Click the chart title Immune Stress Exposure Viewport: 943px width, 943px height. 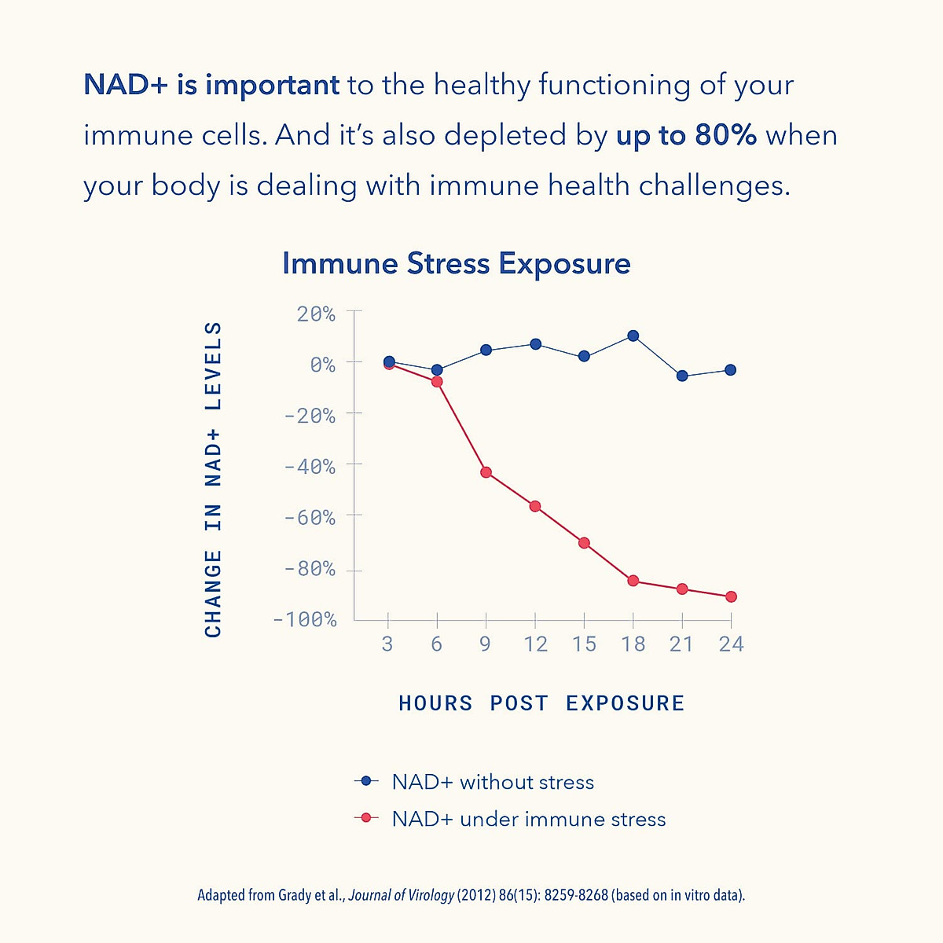[x=456, y=264]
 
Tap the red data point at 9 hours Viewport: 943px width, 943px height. [x=486, y=472]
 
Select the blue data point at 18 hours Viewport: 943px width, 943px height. [x=633, y=336]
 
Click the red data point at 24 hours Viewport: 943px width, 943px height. [x=731, y=596]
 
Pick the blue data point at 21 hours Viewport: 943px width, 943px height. [x=682, y=376]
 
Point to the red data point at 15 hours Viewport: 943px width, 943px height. [x=584, y=543]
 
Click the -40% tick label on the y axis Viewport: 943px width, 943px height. [x=310, y=467]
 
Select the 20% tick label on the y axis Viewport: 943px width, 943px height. [x=316, y=314]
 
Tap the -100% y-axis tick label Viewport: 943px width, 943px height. [x=305, y=620]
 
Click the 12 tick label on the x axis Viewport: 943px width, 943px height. [x=535, y=644]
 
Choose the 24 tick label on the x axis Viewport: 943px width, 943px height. [x=731, y=644]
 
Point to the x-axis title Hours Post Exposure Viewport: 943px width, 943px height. [x=541, y=703]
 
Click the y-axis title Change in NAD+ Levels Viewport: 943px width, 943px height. [x=213, y=479]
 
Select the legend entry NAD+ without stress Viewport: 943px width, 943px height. [x=493, y=782]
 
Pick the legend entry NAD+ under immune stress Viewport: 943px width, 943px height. [x=528, y=819]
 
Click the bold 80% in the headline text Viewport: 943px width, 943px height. [x=725, y=135]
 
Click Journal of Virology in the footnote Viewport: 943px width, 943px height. [x=402, y=895]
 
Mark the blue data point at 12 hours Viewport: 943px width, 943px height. [x=535, y=344]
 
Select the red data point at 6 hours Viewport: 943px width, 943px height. [x=437, y=382]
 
